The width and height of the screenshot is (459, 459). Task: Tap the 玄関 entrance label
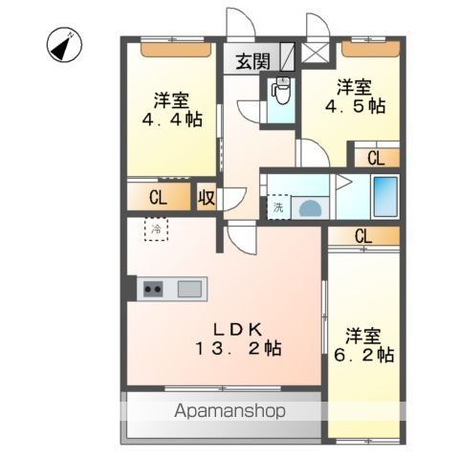tap(253, 62)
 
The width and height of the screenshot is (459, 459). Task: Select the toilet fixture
tap(281, 93)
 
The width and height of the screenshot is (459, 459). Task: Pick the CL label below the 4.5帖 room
tap(376, 158)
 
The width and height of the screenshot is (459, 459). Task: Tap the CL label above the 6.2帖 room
tap(363, 236)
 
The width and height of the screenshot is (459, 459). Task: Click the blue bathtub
tap(384, 197)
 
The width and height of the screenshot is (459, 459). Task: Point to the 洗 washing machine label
tap(278, 207)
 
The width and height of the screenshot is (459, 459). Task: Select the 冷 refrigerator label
tap(155, 229)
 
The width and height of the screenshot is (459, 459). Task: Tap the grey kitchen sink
tap(189, 287)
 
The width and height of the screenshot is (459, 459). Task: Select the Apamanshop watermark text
tap(229, 413)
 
